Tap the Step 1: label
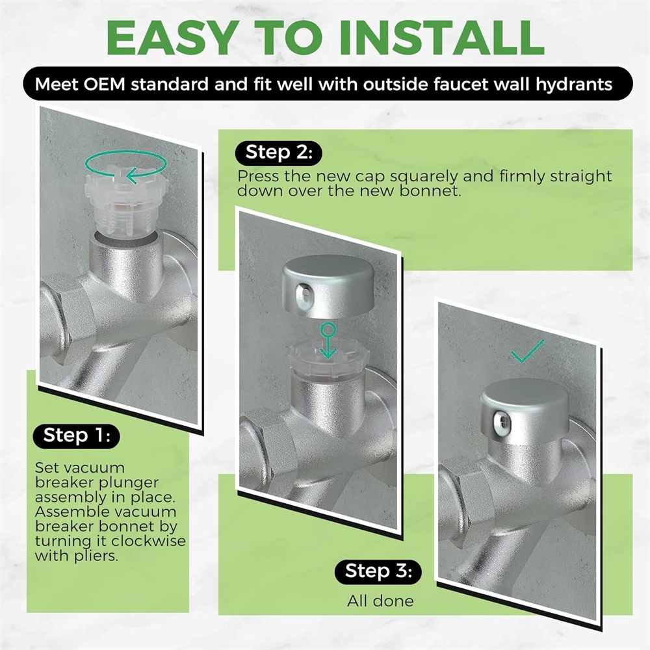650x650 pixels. [77, 435]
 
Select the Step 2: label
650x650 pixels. [279, 153]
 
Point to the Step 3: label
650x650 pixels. [378, 571]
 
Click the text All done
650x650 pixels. [380, 601]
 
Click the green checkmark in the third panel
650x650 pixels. [527, 351]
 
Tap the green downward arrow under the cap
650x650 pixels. [328, 341]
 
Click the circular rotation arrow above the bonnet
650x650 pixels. [126, 166]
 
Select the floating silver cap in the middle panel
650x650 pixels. [328, 285]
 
